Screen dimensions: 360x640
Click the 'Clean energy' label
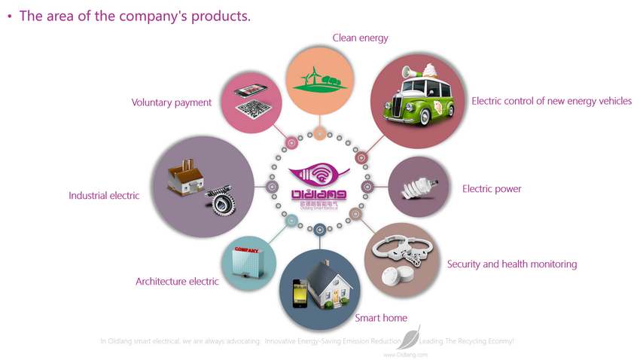pyautogui.click(x=361, y=38)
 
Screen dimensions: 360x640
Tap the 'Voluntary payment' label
pyautogui.click(x=172, y=102)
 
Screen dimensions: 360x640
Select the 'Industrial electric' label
pyautogui.click(x=104, y=196)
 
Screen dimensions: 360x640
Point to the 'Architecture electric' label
pyautogui.click(x=177, y=282)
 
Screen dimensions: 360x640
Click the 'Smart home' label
pyautogui.click(x=381, y=318)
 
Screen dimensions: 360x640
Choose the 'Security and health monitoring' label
pyautogui.click(x=512, y=264)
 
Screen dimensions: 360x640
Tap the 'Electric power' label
pyautogui.click(x=492, y=189)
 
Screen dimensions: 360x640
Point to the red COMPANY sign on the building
pyautogui.click(x=247, y=250)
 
